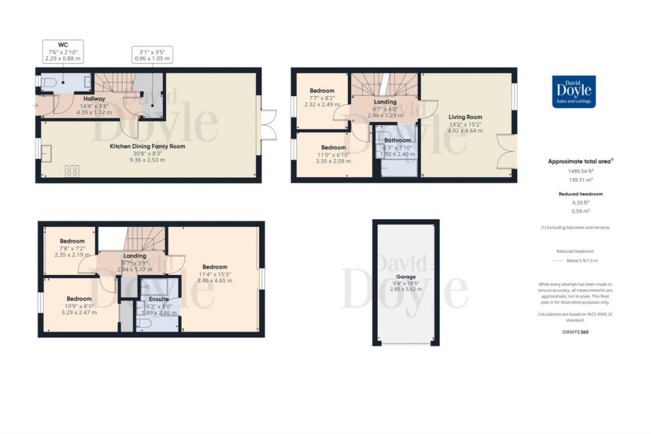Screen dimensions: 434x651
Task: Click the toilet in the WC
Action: click(51, 81)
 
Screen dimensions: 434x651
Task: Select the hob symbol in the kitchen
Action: click(72, 170)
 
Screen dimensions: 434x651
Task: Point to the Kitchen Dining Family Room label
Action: click(147, 146)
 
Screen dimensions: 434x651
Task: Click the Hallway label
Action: click(93, 98)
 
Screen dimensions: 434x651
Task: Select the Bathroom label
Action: click(397, 140)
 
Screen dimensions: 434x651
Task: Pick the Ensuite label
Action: click(159, 299)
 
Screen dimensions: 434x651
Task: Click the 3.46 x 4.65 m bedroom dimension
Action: click(215, 280)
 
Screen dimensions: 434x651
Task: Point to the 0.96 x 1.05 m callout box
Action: click(152, 55)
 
